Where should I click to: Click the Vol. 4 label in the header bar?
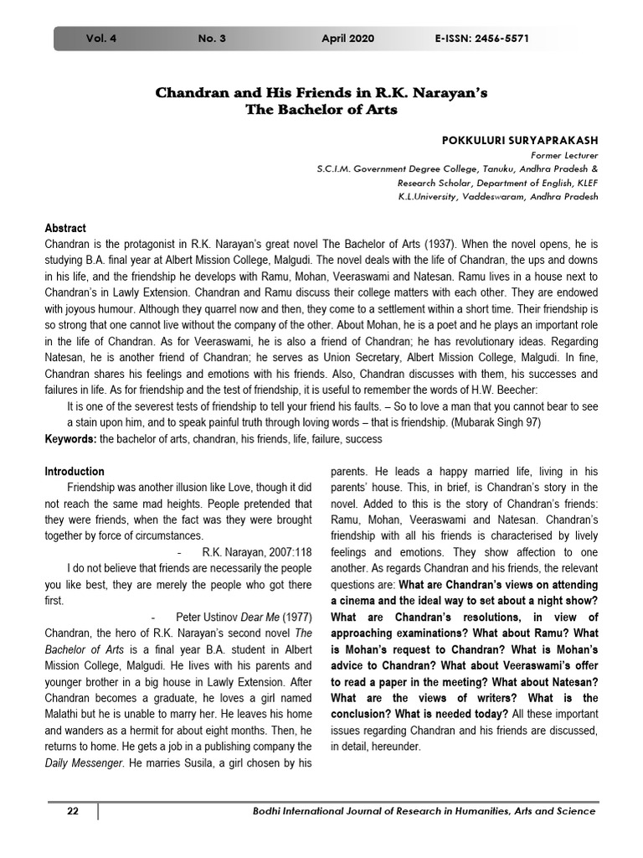tap(101, 39)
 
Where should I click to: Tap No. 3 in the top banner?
tap(212, 39)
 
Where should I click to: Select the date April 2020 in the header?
tap(347, 39)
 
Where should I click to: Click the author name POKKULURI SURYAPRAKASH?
tap(519, 140)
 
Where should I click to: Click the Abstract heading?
tap(65, 228)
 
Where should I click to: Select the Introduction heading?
tap(75, 472)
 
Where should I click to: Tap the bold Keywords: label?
tap(71, 439)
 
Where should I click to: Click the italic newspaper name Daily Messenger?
tap(87, 762)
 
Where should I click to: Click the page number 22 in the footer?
tap(72, 811)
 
